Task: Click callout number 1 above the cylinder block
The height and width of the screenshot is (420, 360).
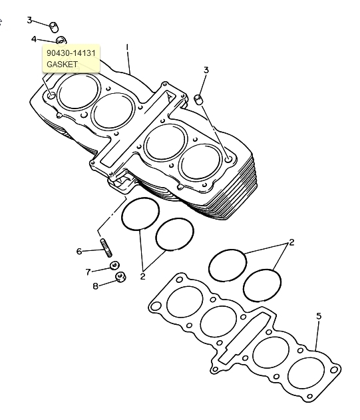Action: click(x=127, y=47)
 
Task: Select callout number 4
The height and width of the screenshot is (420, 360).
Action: click(x=34, y=39)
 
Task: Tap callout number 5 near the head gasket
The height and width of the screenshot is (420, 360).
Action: click(x=319, y=316)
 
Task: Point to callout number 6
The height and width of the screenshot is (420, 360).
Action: click(x=79, y=251)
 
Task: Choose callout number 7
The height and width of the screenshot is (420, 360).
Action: click(x=89, y=272)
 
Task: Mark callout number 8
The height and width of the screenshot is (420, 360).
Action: click(x=96, y=286)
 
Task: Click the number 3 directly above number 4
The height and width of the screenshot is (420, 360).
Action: click(x=29, y=20)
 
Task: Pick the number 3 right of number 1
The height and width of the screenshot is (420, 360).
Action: click(x=206, y=70)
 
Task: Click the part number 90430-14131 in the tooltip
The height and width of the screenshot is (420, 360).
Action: click(x=71, y=53)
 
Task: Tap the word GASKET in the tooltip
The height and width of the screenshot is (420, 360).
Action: click(x=62, y=65)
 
